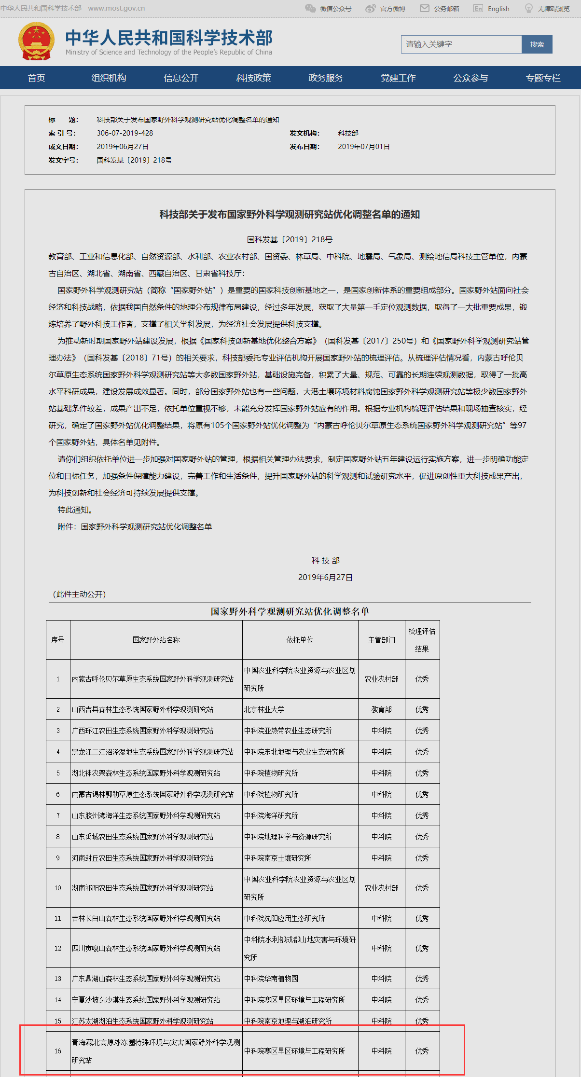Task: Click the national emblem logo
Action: pyautogui.click(x=36, y=41)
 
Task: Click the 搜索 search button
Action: pyautogui.click(x=537, y=44)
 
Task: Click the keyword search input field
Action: pyautogui.click(x=461, y=44)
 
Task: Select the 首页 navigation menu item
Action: pyautogui.click(x=37, y=78)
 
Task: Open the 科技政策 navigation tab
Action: pyautogui.click(x=253, y=78)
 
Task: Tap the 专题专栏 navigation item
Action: pyautogui.click(x=543, y=78)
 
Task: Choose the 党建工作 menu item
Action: pyautogui.click(x=398, y=78)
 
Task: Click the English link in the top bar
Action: pyautogui.click(x=498, y=9)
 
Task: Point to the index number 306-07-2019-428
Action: pyautogui.click(x=125, y=133)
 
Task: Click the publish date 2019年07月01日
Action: pyautogui.click(x=364, y=147)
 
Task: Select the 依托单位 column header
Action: pyautogui.click(x=300, y=640)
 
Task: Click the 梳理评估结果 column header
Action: pyautogui.click(x=422, y=640)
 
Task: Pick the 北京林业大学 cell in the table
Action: pyautogui.click(x=264, y=709)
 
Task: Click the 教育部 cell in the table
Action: pyautogui.click(x=381, y=709)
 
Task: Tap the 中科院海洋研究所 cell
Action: pyautogui.click(x=271, y=815)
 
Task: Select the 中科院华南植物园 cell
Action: pyautogui.click(x=271, y=979)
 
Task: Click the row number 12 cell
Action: pyautogui.click(x=58, y=948)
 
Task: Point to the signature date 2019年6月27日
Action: pyautogui.click(x=325, y=578)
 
